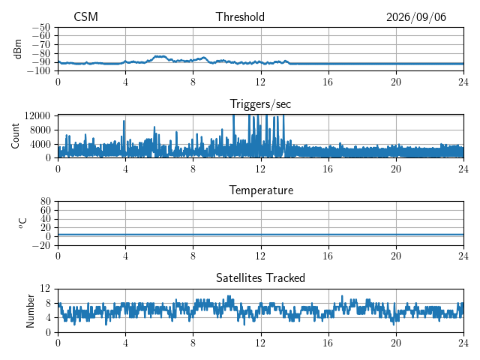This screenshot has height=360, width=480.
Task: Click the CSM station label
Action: pos(85,16)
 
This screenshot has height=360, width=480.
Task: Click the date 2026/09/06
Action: pos(416,17)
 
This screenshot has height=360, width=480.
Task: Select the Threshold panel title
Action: pos(240,16)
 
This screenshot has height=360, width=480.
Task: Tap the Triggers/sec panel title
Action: pos(260,104)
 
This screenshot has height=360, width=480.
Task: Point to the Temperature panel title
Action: pos(261,190)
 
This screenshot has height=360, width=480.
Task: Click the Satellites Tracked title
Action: pos(260,277)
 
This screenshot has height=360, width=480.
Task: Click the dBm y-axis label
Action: pos(17,49)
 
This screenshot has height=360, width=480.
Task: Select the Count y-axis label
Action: pos(15,136)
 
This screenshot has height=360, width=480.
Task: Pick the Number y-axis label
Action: pos(30,311)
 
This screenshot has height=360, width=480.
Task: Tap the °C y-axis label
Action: pos(23,223)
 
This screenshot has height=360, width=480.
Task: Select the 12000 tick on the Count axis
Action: pos(37,115)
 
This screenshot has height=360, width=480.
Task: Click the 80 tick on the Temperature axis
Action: pos(45,202)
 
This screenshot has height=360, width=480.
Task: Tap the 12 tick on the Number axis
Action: pos(45,288)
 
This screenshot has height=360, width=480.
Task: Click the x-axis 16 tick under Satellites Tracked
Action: pos(328,343)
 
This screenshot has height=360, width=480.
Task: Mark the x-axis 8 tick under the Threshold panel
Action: pos(193,82)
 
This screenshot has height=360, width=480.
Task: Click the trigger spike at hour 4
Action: pos(124,121)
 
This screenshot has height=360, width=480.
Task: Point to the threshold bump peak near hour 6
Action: pos(160,56)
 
